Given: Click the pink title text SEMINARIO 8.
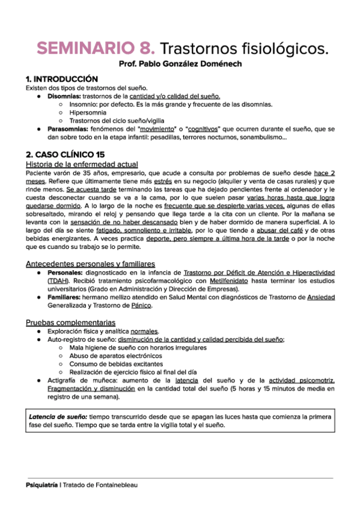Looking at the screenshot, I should (96, 48).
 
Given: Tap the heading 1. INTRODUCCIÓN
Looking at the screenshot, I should (61, 79).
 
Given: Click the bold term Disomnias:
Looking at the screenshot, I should (63, 96).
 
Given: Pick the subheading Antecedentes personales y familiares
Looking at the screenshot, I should (90, 263).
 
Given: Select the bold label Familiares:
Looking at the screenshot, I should (67, 297).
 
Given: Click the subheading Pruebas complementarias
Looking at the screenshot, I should (71, 322).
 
